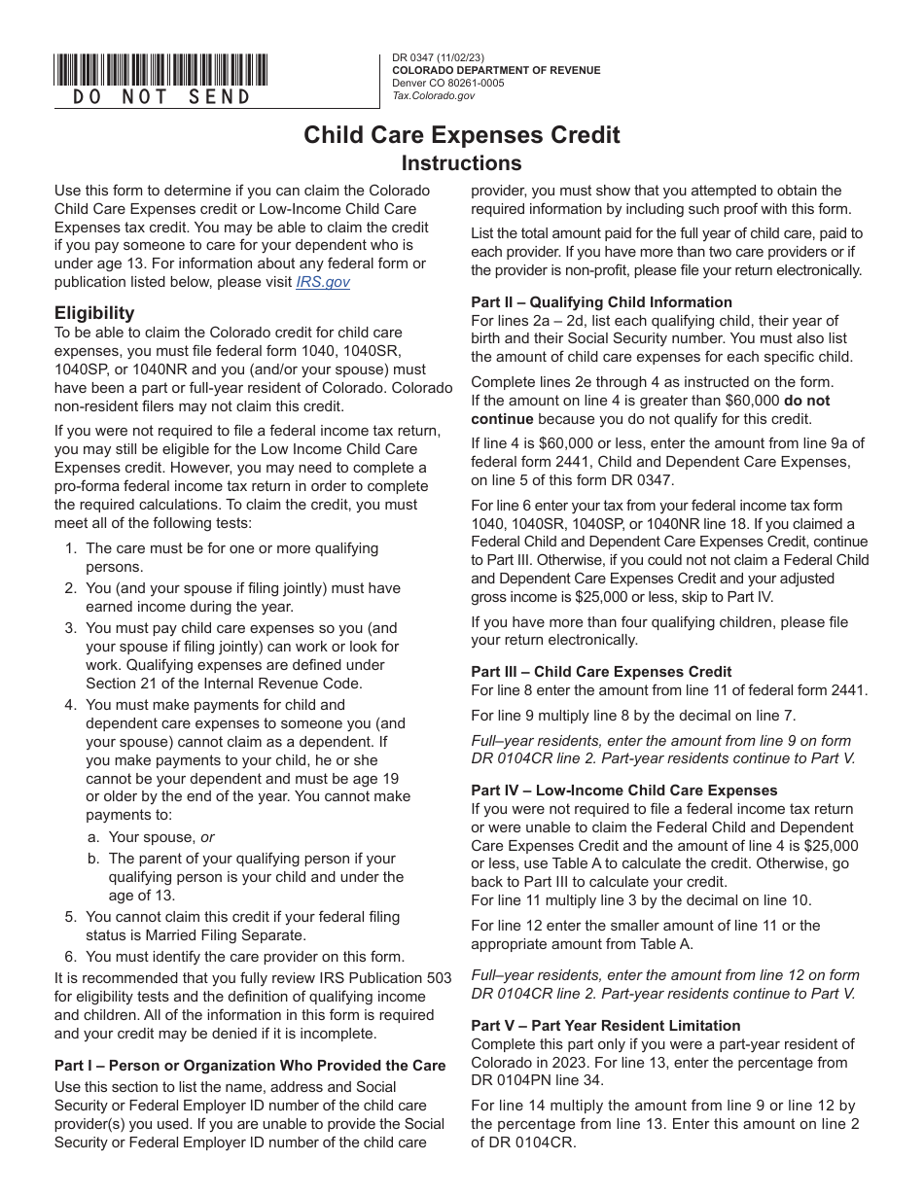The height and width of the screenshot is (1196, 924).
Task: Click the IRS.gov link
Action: tap(323, 282)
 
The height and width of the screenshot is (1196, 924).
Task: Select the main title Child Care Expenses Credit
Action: tap(462, 135)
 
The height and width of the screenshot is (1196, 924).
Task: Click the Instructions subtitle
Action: tap(462, 162)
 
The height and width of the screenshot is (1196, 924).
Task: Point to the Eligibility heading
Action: tap(94, 313)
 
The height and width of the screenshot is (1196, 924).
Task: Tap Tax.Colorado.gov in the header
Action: tap(434, 95)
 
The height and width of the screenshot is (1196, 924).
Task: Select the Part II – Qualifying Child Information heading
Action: tap(601, 301)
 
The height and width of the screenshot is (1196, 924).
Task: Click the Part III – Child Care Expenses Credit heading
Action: tap(601, 671)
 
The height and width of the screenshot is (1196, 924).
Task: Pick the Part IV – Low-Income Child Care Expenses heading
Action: tap(624, 790)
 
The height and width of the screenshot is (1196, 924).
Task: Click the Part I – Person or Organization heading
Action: tap(250, 1065)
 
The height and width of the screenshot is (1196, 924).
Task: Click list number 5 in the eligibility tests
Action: tap(70, 916)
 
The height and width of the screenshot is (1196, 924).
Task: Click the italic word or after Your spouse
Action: tap(207, 836)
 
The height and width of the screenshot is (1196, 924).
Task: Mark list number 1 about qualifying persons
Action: tap(70, 548)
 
